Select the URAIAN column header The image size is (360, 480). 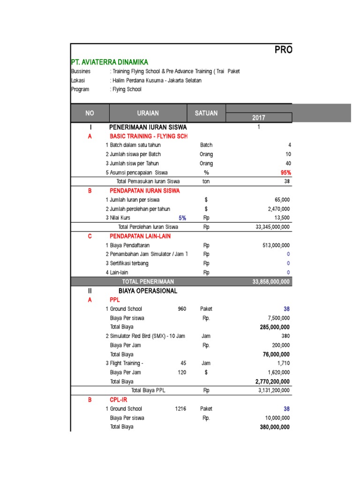(x=148, y=113)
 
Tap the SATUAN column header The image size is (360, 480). (x=206, y=113)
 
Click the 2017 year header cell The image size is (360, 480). (x=259, y=118)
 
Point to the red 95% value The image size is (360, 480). (x=285, y=172)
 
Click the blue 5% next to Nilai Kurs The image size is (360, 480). (x=182, y=218)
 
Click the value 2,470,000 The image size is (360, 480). (x=278, y=209)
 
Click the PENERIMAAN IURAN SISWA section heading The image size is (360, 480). (x=148, y=127)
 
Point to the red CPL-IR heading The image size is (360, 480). (x=118, y=400)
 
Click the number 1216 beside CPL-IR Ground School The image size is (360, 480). (x=180, y=409)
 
